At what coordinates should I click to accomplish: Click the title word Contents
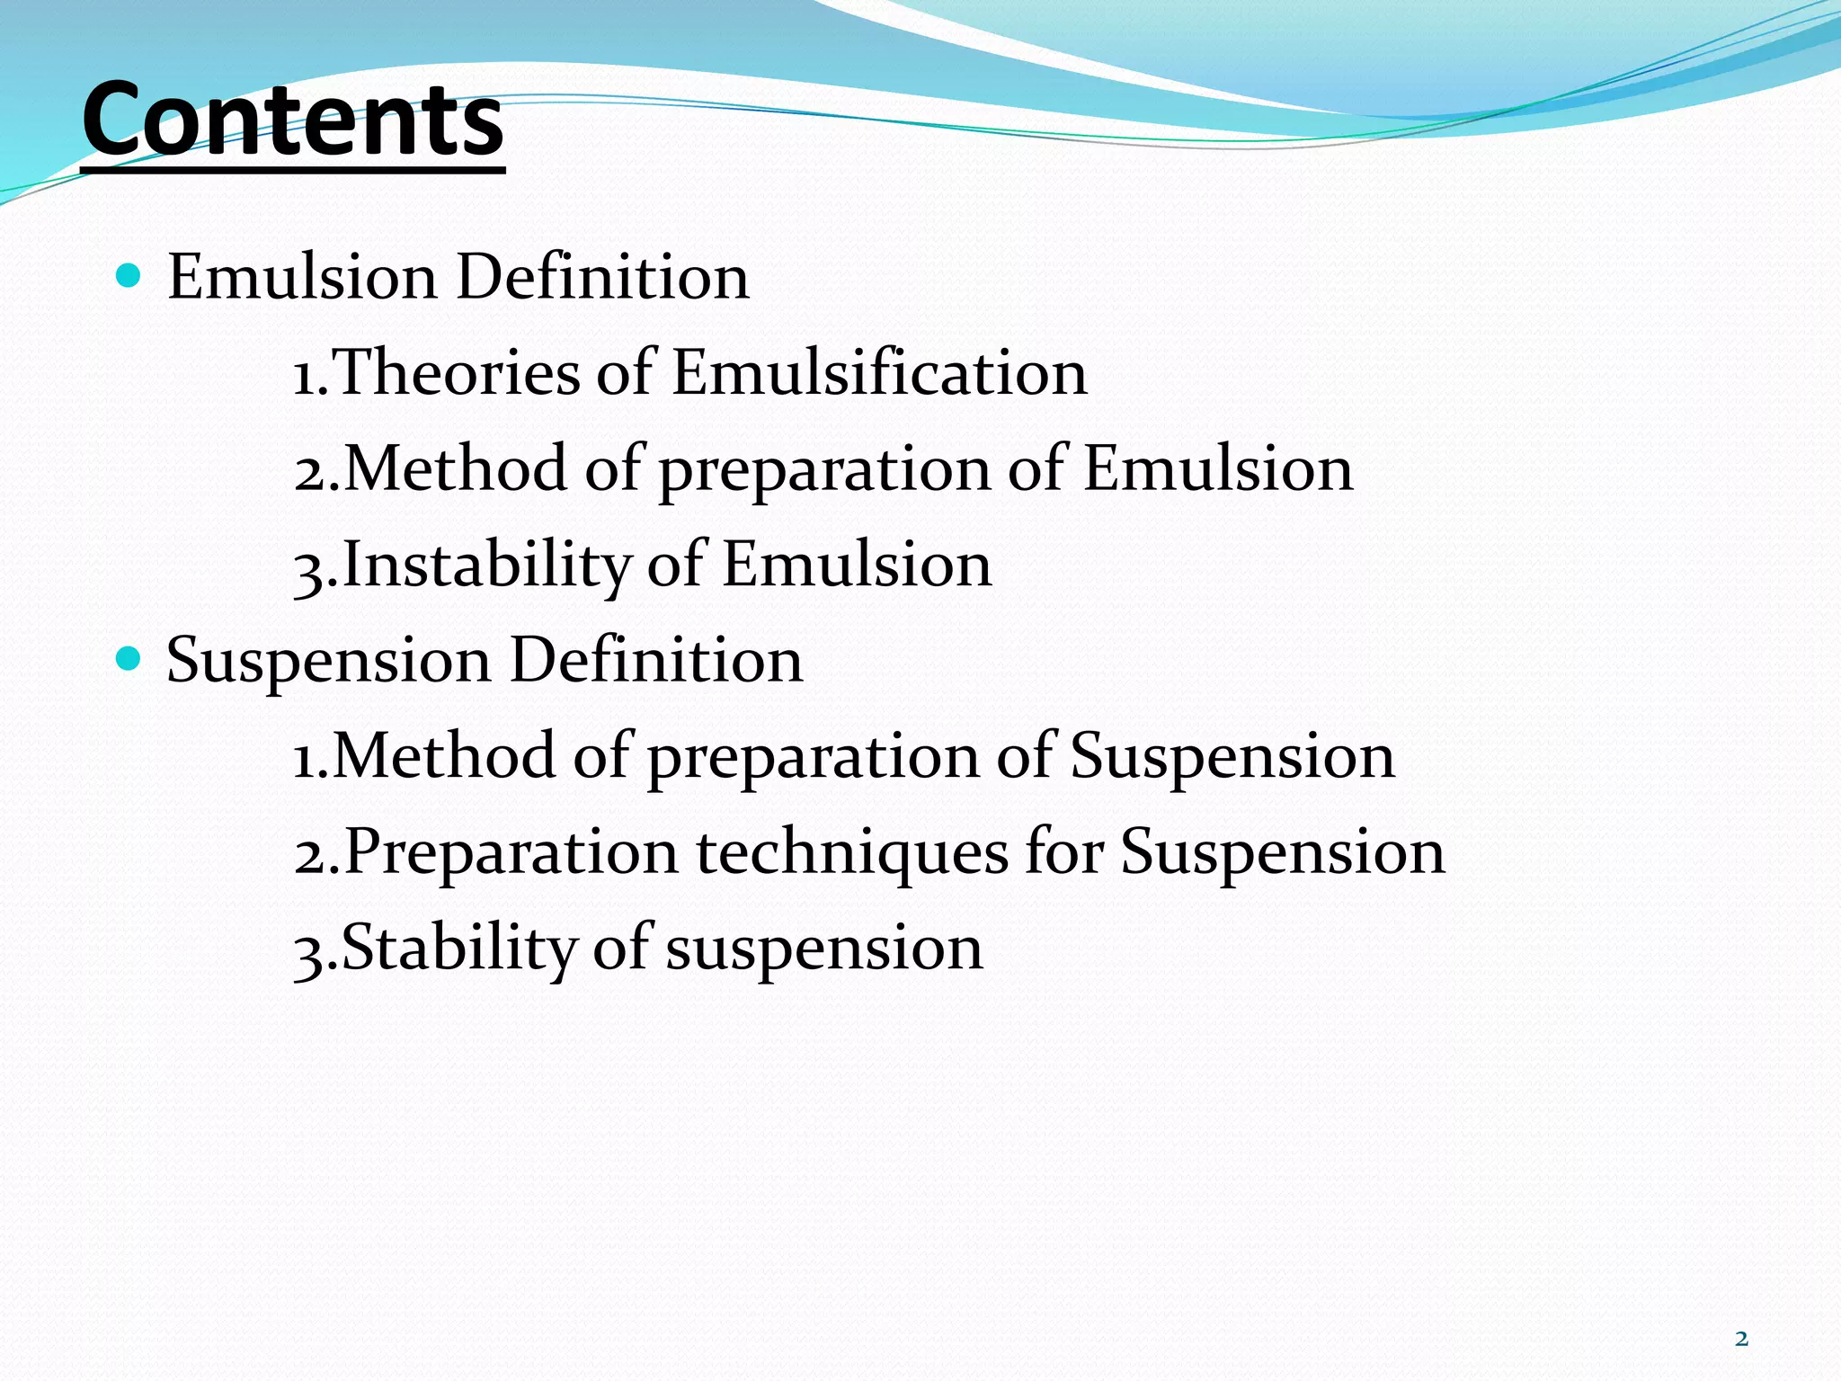(293, 120)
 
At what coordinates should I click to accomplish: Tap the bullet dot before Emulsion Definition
(129, 274)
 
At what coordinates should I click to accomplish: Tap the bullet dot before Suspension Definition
(129, 659)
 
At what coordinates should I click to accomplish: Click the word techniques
(852, 851)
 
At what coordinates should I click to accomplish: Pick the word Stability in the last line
(458, 948)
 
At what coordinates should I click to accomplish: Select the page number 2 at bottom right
(1741, 1339)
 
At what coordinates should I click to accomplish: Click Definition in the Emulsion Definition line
(602, 276)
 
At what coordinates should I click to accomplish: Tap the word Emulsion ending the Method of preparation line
(1218, 468)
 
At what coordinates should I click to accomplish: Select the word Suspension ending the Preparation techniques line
(1282, 851)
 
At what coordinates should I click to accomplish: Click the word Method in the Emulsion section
(455, 468)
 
